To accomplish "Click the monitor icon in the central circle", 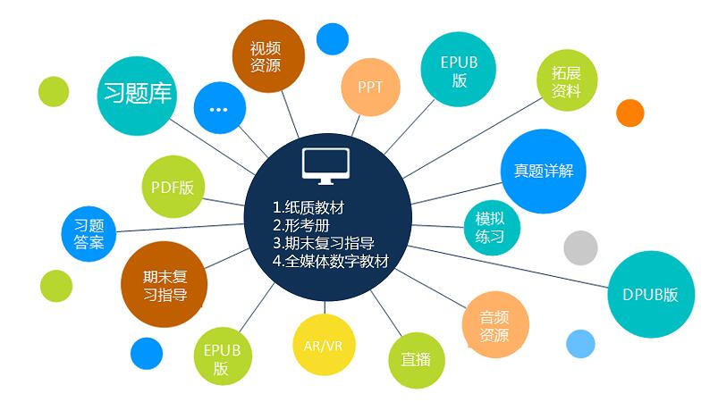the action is pos(325,166).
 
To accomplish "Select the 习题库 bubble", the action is pos(138,96).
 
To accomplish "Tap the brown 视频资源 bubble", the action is pos(268,56).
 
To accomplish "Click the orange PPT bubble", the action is pos(370,87).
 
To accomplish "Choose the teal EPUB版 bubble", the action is pos(459,70).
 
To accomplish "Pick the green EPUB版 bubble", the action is pos(223,356).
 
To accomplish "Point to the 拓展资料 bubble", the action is pos(567,80).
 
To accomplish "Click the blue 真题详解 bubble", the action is pos(543,171).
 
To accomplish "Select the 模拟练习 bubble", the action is pos(492,228).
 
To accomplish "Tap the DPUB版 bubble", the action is pos(651,294).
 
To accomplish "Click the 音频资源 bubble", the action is pos(495,324).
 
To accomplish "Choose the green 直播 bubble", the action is pos(417,360).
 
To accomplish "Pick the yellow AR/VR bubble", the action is pos(324,345).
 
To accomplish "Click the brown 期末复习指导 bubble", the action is pos(164,284).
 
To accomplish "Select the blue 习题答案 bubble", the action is pos(89,234).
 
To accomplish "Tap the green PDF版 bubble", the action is pos(173,187).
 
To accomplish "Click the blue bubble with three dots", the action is pos(220,108).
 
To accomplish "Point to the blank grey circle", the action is pos(580,247).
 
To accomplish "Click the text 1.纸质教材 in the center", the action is pos(308,207).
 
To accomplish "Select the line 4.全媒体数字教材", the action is pos(331,261).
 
